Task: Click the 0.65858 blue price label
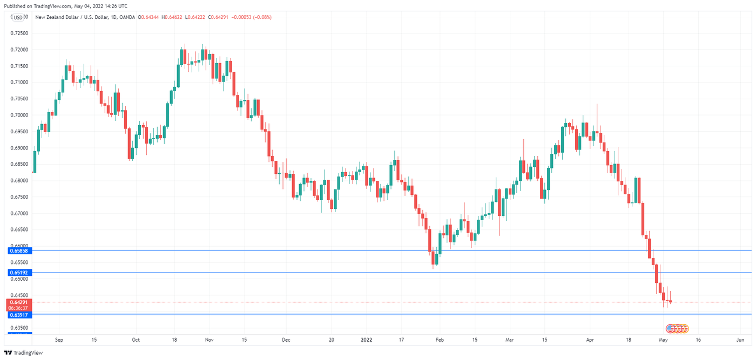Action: click(x=19, y=251)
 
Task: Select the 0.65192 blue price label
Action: click(x=19, y=273)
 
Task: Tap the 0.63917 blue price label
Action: click(x=19, y=314)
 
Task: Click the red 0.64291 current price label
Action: click(x=19, y=302)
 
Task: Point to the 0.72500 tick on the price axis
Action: click(x=19, y=33)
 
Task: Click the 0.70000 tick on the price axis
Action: click(x=19, y=115)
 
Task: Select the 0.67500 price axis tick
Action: click(x=19, y=197)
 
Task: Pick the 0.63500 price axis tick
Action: click(x=19, y=328)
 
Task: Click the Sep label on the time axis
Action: click(x=59, y=340)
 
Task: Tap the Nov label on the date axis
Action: click(x=210, y=340)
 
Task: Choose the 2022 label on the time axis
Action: click(x=366, y=340)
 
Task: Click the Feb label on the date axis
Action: click(x=440, y=340)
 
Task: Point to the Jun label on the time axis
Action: click(x=740, y=340)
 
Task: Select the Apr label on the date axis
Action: click(x=590, y=340)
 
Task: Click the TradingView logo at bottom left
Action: click(x=23, y=352)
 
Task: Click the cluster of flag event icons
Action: click(x=678, y=328)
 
